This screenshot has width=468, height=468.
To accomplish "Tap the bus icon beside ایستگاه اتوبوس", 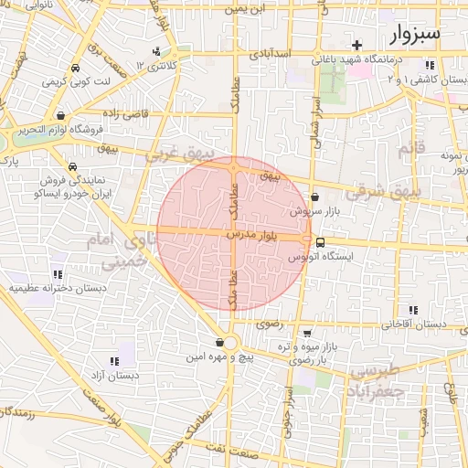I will pyautogui.click(x=319, y=242).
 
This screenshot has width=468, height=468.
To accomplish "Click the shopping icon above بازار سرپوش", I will pyautogui.click(x=315, y=197).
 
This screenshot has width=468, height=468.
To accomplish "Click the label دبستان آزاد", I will pyautogui.click(x=114, y=375).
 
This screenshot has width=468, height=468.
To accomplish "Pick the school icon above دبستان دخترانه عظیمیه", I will pyautogui.click(x=58, y=273).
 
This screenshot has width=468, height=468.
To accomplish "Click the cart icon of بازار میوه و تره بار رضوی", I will pyautogui.click(x=307, y=333).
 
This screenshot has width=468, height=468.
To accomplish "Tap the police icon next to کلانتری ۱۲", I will pyautogui.click(x=158, y=51).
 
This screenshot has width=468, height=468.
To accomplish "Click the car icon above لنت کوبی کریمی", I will pyautogui.click(x=75, y=68).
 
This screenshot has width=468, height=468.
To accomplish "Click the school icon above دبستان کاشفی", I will pyautogui.click(x=429, y=65).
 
